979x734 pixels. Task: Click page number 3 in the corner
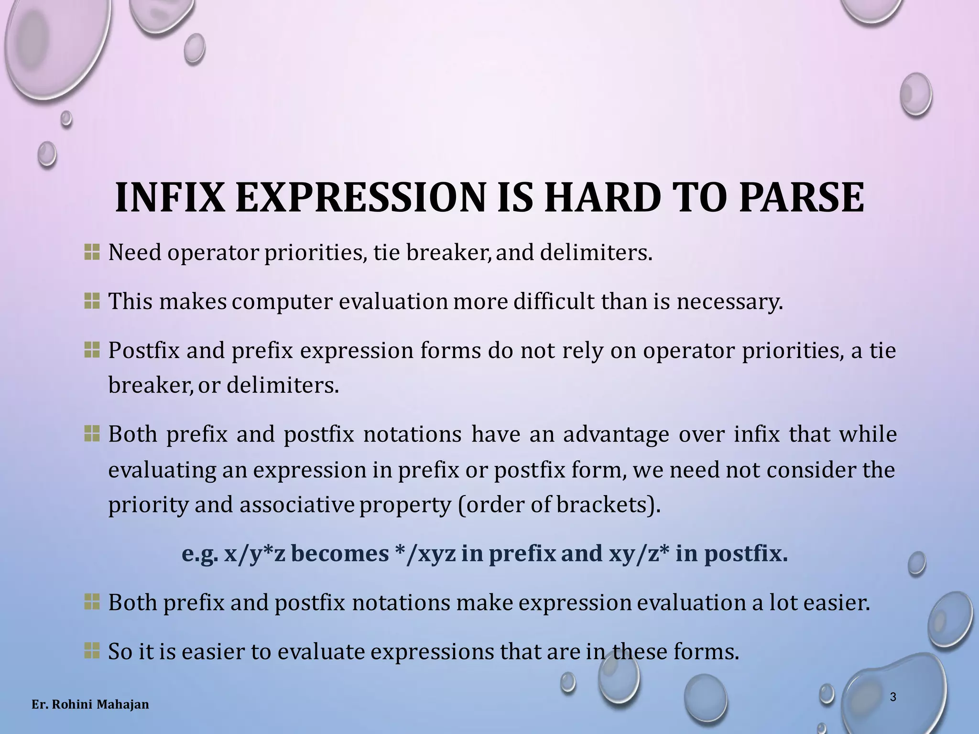coord(892,697)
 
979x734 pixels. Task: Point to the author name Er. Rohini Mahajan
coord(90,704)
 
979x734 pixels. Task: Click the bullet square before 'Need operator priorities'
coord(91,252)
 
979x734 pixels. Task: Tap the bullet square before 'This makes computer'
coord(91,301)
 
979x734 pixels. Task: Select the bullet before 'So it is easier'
coord(91,650)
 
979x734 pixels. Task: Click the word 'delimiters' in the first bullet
coord(595,252)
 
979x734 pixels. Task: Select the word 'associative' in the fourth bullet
coord(297,505)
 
